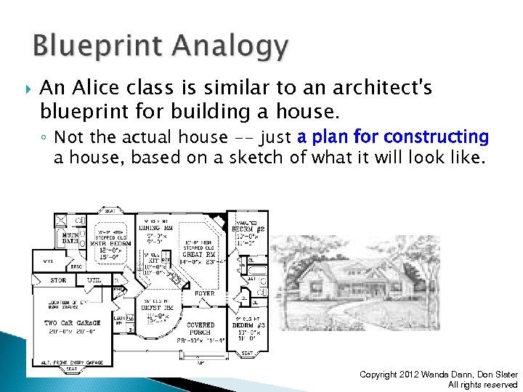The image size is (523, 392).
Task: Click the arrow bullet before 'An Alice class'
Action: tap(28, 89)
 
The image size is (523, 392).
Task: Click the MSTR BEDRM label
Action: tap(111, 243)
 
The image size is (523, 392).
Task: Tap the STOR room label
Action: tap(58, 280)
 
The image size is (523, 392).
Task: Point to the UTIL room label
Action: tap(94, 280)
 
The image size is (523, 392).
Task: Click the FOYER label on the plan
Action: tap(203, 294)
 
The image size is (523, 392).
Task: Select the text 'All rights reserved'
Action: tap(482, 385)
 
